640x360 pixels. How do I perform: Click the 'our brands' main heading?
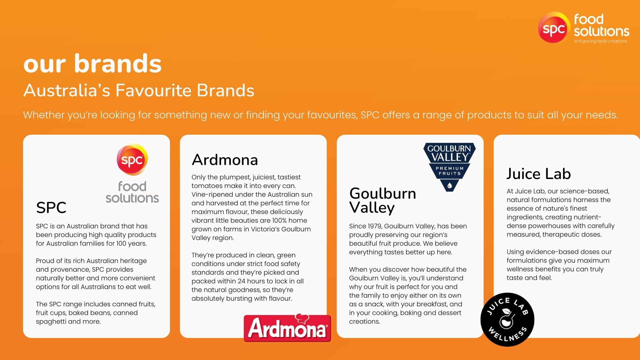(x=92, y=64)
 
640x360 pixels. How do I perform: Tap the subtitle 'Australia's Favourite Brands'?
(x=139, y=90)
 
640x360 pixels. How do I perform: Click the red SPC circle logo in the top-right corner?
(x=553, y=28)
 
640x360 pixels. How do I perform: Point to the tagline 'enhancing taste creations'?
(x=600, y=41)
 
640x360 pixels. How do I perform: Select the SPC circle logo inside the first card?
(x=132, y=160)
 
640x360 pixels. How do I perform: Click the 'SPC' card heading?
(x=51, y=208)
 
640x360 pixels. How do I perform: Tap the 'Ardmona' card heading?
(x=225, y=160)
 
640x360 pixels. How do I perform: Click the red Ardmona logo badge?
(x=287, y=328)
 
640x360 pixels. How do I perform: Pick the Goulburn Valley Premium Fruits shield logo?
(x=449, y=167)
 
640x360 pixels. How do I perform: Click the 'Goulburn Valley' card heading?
(x=383, y=200)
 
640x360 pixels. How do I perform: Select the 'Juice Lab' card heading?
(x=539, y=174)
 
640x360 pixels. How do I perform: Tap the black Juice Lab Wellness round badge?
(x=507, y=320)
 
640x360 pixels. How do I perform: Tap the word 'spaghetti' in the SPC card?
(x=51, y=322)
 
